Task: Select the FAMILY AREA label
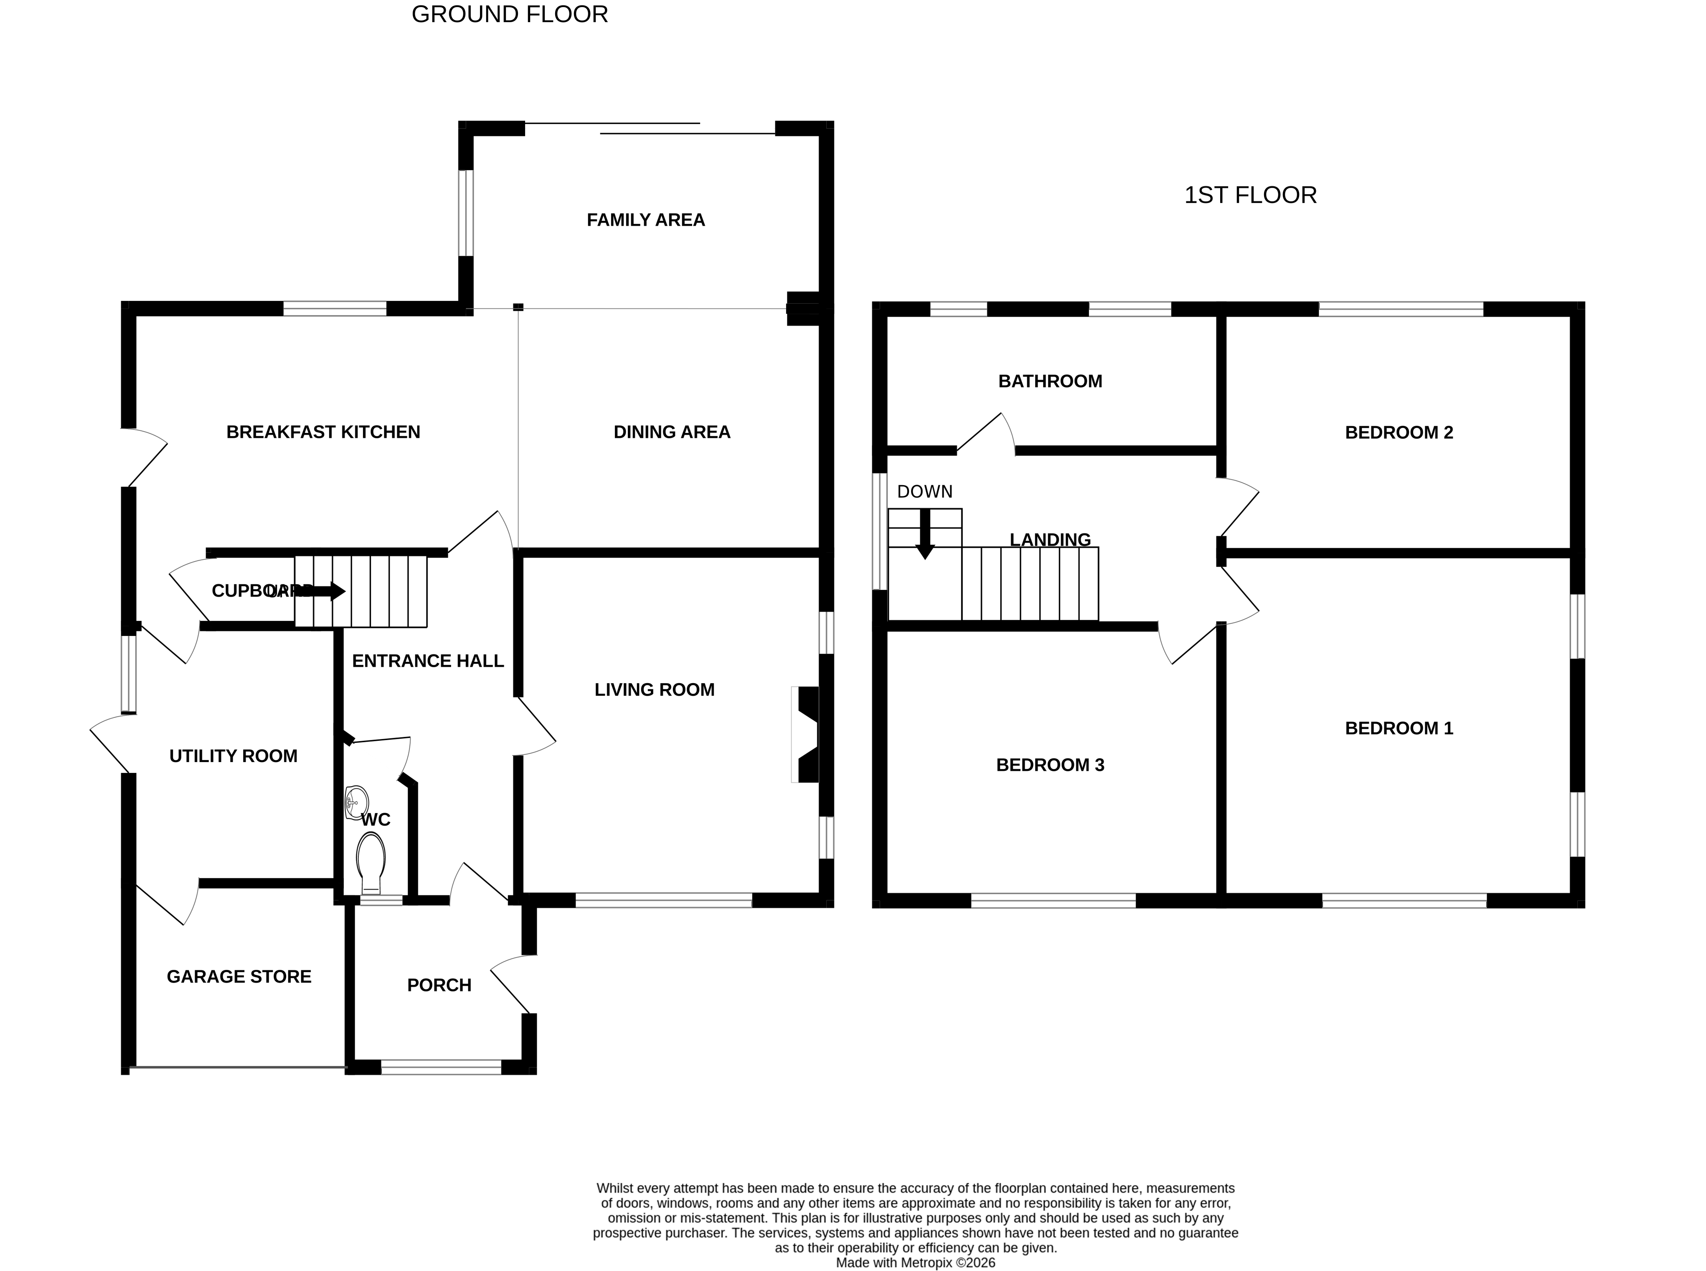click(645, 220)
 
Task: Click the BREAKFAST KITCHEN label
click(323, 432)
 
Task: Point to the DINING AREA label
click(671, 432)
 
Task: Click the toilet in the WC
click(371, 861)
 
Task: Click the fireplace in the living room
click(806, 735)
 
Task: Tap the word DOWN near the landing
click(924, 492)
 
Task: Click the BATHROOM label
click(1050, 381)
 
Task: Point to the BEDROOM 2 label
click(1398, 432)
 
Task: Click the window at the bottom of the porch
click(442, 1067)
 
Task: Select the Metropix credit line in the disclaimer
click(915, 1263)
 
